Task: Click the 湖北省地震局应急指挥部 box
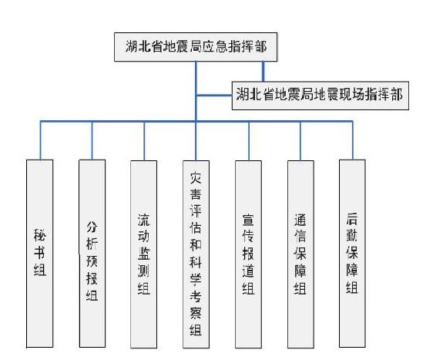[196, 47]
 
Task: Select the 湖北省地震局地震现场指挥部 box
[321, 96]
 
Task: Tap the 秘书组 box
[40, 254]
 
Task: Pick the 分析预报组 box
[92, 254]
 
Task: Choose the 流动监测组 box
[143, 254]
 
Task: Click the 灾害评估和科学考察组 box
[196, 254]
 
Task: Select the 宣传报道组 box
[248, 254]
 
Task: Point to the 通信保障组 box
[300, 254]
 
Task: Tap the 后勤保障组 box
[352, 254]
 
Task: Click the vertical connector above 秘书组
[40, 140]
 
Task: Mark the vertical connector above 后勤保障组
[353, 140]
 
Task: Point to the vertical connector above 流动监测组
[144, 141]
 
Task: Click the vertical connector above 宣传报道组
[249, 141]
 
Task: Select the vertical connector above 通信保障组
[300, 141]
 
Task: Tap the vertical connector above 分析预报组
[92, 141]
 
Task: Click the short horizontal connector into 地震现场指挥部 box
[214, 96]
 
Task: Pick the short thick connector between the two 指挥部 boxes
[263, 71]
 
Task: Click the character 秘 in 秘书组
[40, 235]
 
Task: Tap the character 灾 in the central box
[196, 177]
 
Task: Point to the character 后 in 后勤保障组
[352, 219]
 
